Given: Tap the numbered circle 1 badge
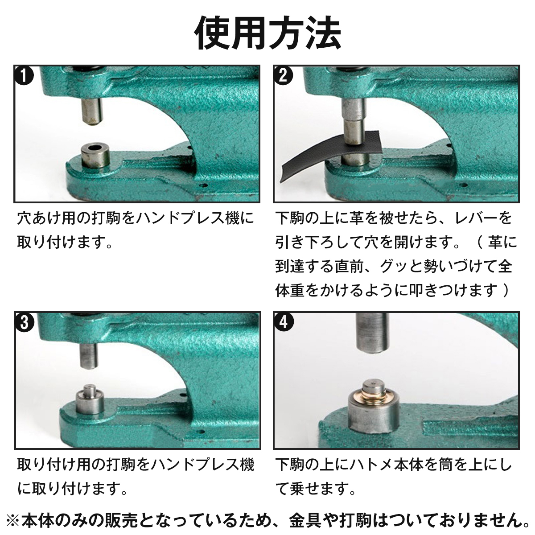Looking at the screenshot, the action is tap(25, 76).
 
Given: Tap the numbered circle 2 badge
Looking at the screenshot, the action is tap(284, 76).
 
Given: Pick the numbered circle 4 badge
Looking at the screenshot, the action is tap(284, 322).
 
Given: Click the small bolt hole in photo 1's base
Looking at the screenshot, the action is tap(203, 185).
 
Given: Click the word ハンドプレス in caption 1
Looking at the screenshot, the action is tap(181, 218).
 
